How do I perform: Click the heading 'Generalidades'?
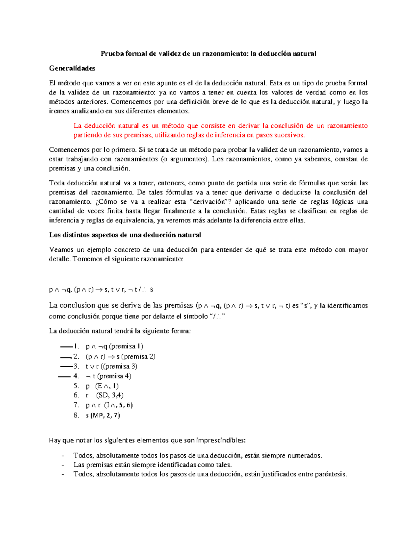(72, 68)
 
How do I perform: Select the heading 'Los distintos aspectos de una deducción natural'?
(125, 235)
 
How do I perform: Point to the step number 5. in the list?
(76, 386)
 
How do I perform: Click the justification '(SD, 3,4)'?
(110, 395)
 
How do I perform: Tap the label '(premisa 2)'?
(138, 356)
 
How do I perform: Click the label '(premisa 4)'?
(114, 376)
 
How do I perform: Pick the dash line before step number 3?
(66, 366)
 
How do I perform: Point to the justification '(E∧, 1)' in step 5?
(107, 386)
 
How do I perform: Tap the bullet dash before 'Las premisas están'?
(63, 465)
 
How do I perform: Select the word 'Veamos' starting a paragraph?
(62, 250)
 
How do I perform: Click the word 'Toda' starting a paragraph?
(57, 183)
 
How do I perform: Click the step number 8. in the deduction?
(76, 415)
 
